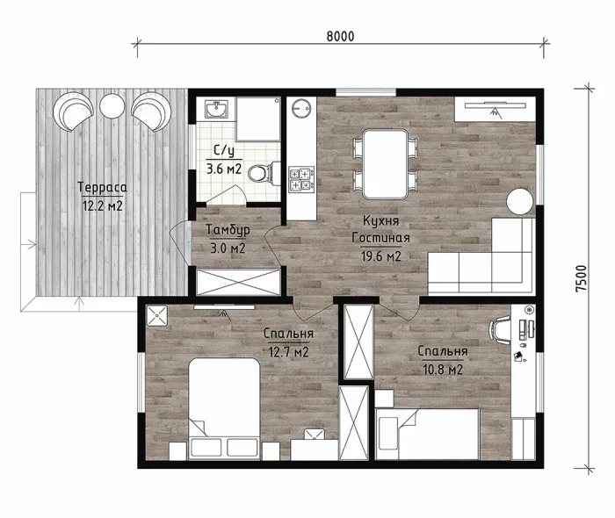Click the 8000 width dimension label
point(340,36)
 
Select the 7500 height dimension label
point(582,277)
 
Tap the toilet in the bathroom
point(263,172)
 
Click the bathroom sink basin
point(216,109)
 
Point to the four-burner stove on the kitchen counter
point(301,179)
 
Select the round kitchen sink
point(301,107)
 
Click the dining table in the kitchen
point(385,164)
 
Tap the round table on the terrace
point(112,105)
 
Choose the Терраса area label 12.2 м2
point(102,206)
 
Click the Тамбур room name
point(228,230)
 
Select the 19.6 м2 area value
point(380,256)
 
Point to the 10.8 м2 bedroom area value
point(443,369)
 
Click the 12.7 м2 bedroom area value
point(288,351)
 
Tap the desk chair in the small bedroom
point(499,330)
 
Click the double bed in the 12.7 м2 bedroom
point(224,408)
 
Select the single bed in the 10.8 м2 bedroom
point(428,434)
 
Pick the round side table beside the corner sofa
point(520,202)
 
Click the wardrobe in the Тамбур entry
point(238,282)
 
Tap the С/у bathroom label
point(224,150)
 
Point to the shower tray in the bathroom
point(258,119)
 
